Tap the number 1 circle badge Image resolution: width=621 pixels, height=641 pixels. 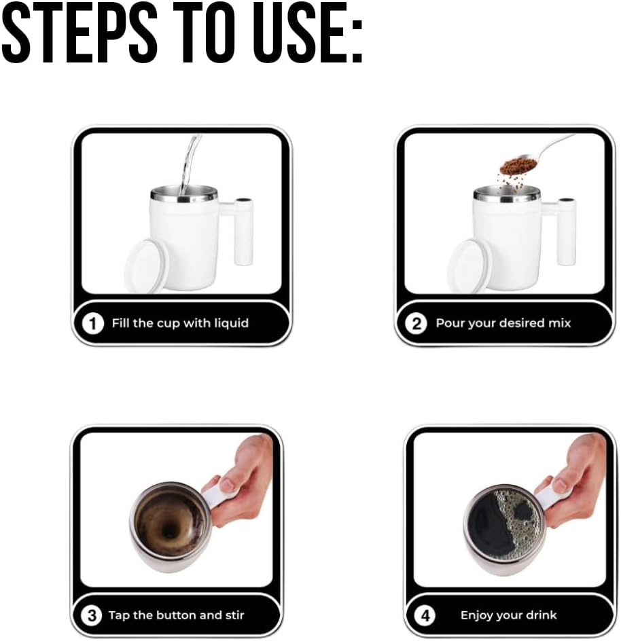[93, 323]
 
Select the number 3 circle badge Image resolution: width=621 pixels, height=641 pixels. [90, 616]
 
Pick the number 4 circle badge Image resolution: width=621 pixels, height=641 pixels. [425, 616]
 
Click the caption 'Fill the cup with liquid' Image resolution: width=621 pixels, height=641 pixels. [180, 323]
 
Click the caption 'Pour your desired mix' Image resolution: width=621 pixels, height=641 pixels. [503, 323]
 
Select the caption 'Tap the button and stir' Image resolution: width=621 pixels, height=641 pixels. [176, 616]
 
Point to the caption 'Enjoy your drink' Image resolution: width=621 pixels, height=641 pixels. [508, 616]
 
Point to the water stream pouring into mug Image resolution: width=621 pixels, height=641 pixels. [189, 163]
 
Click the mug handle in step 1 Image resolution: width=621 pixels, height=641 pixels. [243, 231]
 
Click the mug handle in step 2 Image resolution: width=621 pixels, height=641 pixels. [565, 231]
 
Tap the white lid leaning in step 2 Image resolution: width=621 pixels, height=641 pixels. [468, 265]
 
